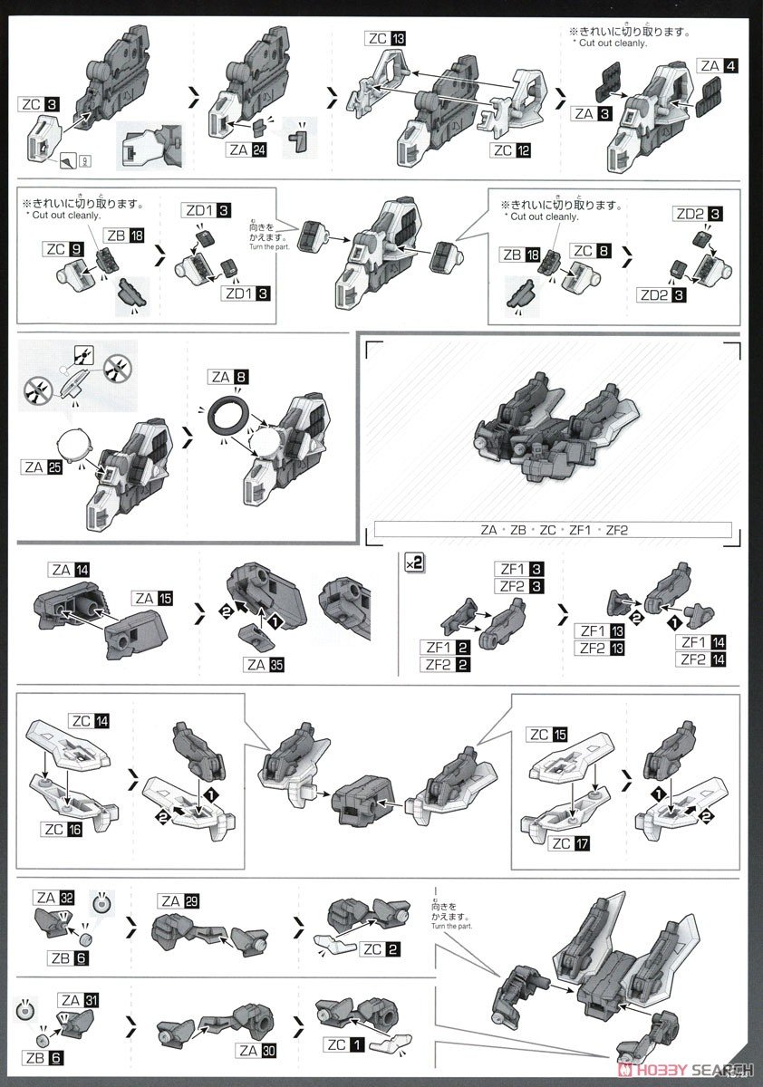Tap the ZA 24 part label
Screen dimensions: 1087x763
coord(246,149)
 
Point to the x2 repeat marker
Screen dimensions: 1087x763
coord(413,563)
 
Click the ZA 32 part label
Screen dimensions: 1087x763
coord(56,899)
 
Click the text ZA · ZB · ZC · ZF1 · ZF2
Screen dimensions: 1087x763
coord(549,531)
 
